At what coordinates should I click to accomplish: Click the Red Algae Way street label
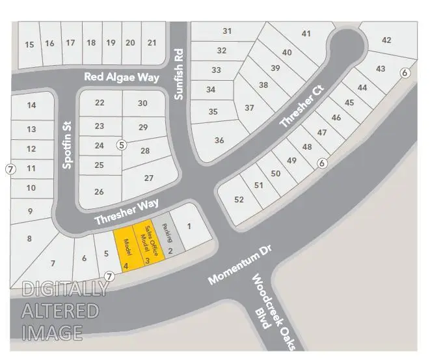122,77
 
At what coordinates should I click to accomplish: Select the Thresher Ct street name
301,104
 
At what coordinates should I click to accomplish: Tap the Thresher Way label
126,212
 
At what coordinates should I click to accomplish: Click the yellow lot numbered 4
125,251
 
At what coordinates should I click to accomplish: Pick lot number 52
239,200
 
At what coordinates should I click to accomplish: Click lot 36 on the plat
219,140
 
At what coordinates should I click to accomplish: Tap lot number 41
306,34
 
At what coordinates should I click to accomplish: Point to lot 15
29,44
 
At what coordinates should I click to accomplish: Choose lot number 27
148,178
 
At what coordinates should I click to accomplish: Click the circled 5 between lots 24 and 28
121,145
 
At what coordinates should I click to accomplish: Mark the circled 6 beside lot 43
405,73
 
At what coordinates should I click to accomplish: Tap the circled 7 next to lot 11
10,169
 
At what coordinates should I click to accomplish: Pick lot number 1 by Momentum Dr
189,227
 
